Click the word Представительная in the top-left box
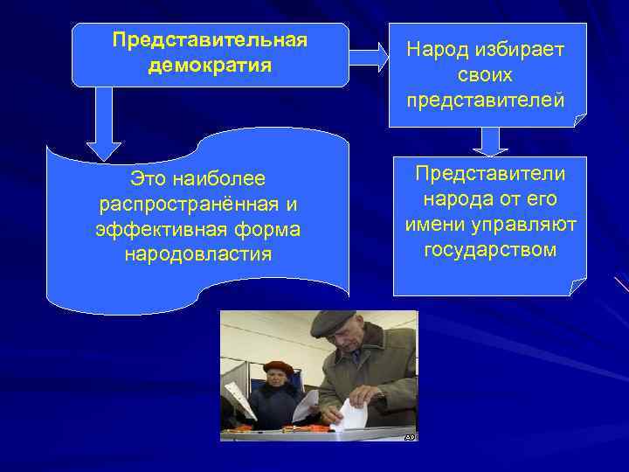coord(210,41)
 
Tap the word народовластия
coord(197,254)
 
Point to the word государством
coord(490,250)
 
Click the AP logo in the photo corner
coord(410,435)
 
